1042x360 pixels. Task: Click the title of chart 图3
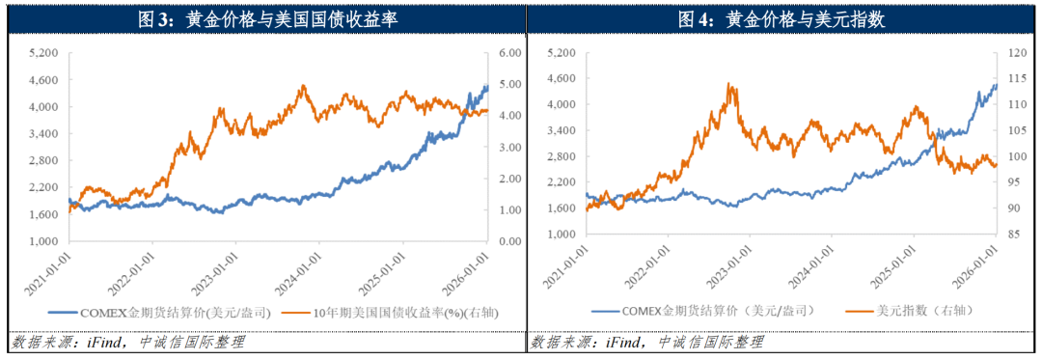[x=261, y=18]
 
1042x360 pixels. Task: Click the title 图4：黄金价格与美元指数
[x=781, y=18]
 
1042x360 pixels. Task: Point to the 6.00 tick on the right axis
[x=510, y=52]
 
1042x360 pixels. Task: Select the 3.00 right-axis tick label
[x=510, y=147]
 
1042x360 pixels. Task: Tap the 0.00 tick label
[x=510, y=241]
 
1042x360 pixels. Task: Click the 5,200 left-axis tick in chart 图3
[x=43, y=52]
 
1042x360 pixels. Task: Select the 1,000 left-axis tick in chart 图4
[x=561, y=235]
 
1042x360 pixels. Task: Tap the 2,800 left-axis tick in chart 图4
[x=561, y=156]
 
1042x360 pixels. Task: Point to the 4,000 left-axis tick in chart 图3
[x=43, y=108]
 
